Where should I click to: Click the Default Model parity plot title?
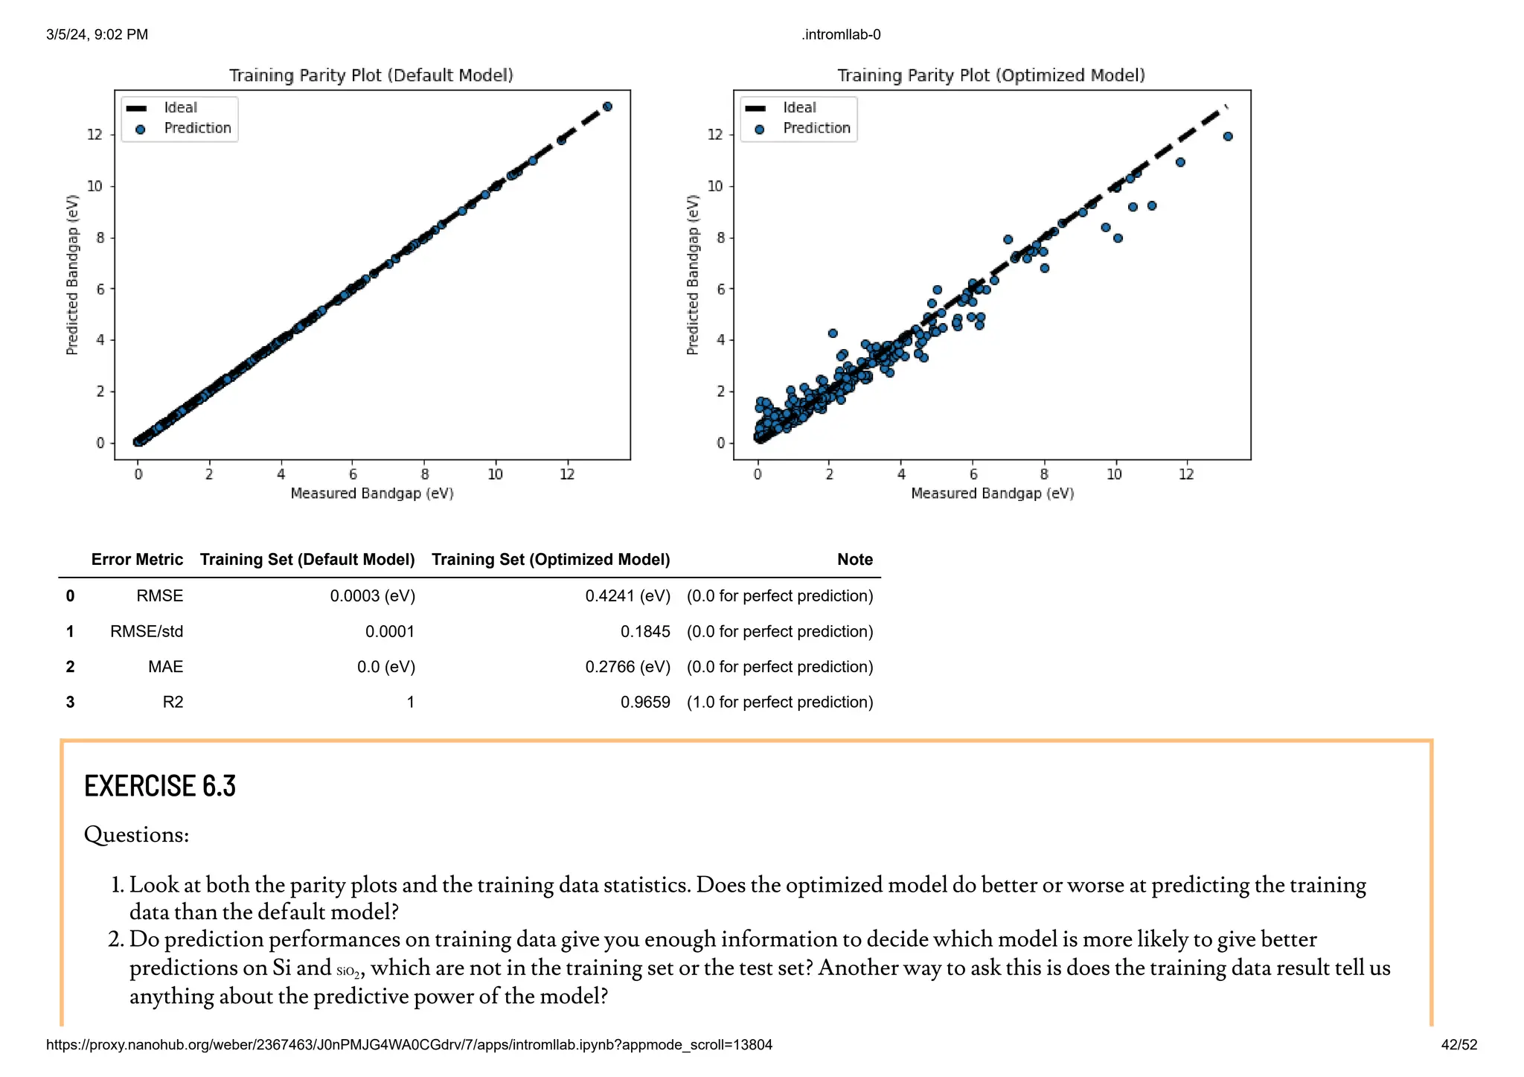371,75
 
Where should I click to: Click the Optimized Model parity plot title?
990,75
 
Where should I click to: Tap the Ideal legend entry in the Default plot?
180,108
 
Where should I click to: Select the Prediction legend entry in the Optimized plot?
816,128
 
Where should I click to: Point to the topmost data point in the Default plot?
607,106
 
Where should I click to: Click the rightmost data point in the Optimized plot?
1228,136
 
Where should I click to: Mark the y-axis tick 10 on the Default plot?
95,186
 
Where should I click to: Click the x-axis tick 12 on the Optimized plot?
1186,474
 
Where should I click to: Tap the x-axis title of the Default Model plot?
371,493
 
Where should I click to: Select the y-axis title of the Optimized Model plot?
693,275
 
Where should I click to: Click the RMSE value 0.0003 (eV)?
372,595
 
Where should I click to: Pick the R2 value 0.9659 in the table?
644,702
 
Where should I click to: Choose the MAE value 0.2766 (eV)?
627,666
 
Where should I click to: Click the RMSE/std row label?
146,631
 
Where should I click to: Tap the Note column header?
854,559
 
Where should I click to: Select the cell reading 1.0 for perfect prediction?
779,702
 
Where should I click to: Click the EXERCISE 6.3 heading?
160,786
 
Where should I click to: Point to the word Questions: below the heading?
136,834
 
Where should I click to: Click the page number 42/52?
1459,1044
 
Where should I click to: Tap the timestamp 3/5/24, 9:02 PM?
97,34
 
